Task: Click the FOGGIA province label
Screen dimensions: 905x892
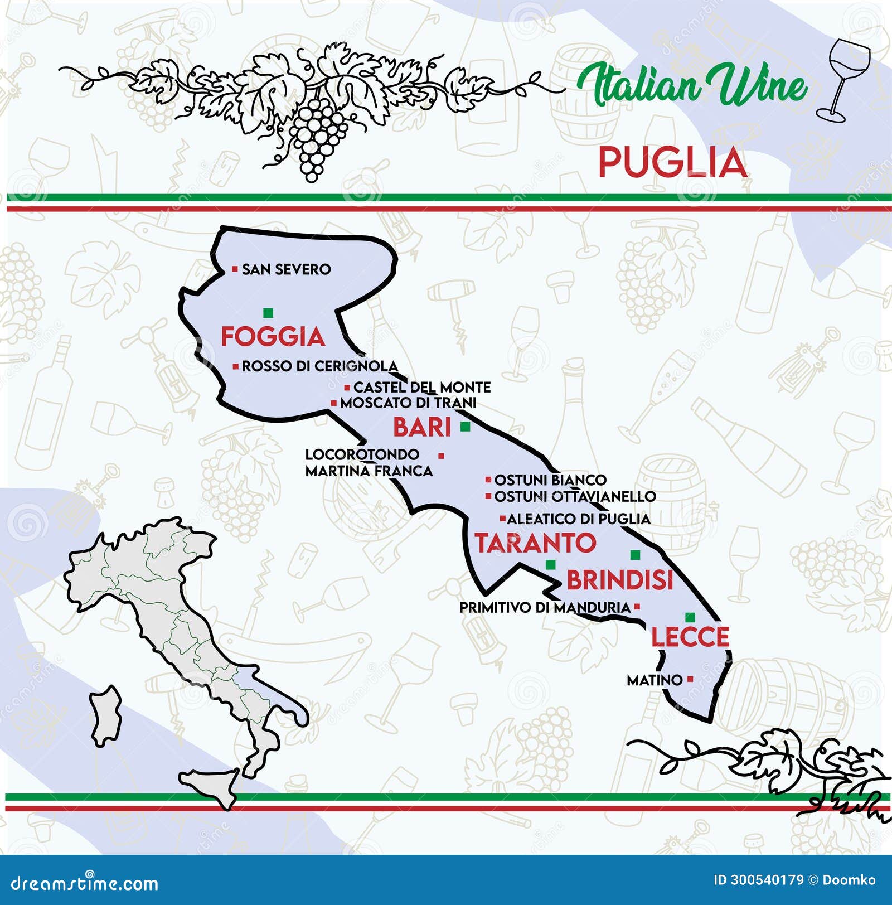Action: pyautogui.click(x=273, y=336)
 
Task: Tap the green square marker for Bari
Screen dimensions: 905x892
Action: pyautogui.click(x=465, y=427)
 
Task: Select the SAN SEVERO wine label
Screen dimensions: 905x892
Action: pyautogui.click(x=286, y=269)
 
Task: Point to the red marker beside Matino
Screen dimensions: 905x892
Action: pyautogui.click(x=690, y=679)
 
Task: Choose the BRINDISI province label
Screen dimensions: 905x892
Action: pyautogui.click(x=620, y=580)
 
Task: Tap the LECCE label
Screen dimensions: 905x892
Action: pyautogui.click(x=690, y=637)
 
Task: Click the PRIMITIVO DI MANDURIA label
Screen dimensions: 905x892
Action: pyautogui.click(x=545, y=607)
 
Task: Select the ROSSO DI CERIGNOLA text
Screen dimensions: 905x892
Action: pyautogui.click(x=319, y=366)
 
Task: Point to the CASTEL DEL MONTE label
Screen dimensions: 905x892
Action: pyautogui.click(x=422, y=387)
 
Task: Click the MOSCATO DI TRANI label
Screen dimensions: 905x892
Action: pyautogui.click(x=408, y=403)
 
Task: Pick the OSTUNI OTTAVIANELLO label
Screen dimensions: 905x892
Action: pyautogui.click(x=575, y=496)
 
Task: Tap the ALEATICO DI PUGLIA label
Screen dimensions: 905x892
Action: pyautogui.click(x=578, y=519)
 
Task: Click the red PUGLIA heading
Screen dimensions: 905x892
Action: pyautogui.click(x=672, y=163)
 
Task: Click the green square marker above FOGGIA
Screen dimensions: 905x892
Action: pyautogui.click(x=268, y=313)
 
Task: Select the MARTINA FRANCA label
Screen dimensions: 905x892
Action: pyautogui.click(x=369, y=471)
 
